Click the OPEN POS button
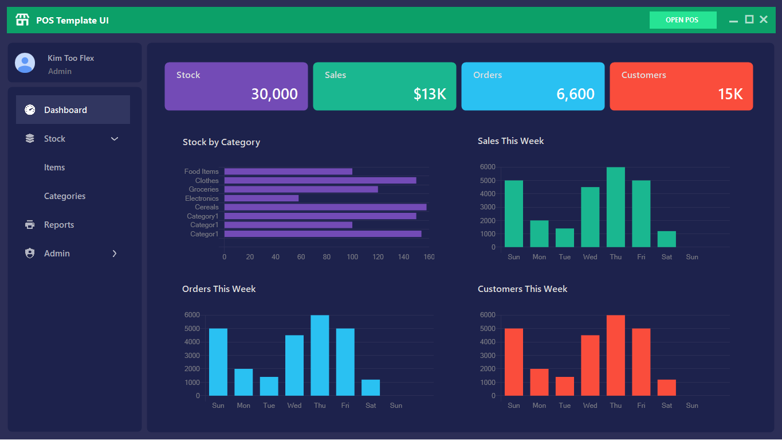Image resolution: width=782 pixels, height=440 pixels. [682, 20]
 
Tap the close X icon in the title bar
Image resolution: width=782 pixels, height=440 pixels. [764, 20]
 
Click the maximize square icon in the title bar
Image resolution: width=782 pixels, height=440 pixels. [749, 20]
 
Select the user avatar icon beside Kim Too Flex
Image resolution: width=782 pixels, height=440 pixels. [25, 63]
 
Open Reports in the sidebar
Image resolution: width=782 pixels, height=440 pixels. [59, 225]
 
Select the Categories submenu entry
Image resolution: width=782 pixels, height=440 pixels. [65, 196]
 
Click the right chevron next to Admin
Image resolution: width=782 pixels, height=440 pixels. [115, 254]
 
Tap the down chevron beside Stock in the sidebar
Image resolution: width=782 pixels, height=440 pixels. [115, 139]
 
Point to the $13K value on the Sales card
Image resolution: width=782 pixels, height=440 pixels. [430, 94]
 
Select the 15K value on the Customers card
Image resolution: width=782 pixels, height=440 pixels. [730, 94]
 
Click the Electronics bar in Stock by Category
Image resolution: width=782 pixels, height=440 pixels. [261, 198]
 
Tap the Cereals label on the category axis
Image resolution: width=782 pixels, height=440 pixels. [206, 207]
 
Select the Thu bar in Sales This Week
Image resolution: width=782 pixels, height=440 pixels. [615, 207]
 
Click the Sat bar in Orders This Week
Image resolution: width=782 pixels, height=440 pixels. [371, 388]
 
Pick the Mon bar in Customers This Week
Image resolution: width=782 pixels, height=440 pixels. [539, 382]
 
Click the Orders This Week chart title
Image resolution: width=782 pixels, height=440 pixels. [219, 289]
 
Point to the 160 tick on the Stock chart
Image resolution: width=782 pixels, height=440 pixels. [429, 257]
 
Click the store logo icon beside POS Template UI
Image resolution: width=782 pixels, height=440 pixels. [22, 20]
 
